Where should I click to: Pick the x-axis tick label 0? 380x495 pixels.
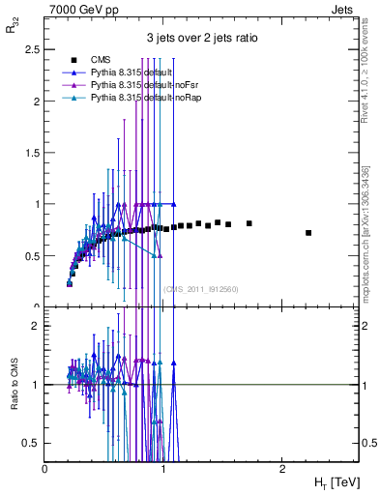[x=45, y=469]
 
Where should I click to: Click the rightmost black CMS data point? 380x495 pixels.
[x=308, y=233]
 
